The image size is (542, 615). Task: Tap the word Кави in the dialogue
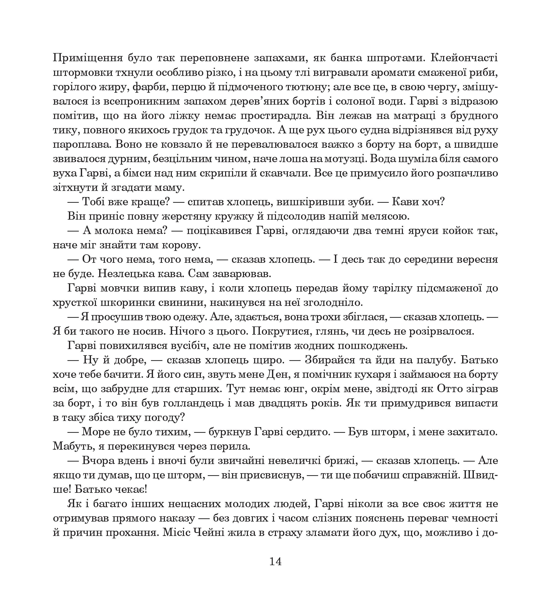click(405, 202)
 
